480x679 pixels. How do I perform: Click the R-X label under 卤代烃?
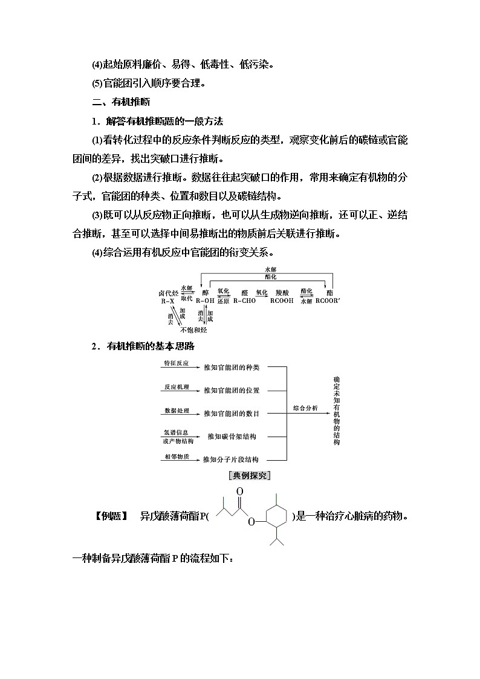[167, 301]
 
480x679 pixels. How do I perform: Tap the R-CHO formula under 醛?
[244, 301]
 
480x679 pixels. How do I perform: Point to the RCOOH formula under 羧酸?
[282, 301]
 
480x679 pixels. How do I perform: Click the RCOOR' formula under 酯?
[328, 301]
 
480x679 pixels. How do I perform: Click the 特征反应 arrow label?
[176, 363]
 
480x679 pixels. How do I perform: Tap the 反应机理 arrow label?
[176, 386]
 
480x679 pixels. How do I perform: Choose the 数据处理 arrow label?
[176, 410]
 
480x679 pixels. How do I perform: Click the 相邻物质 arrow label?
[176, 456]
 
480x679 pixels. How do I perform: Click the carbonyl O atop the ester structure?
[240, 492]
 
